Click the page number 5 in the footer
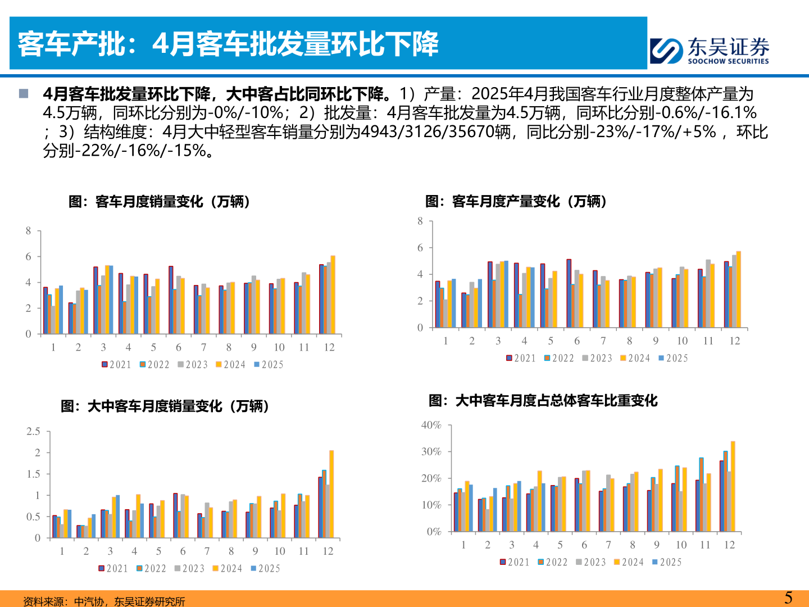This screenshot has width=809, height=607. pyautogui.click(x=788, y=597)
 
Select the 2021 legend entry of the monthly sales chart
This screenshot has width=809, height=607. pyautogui.click(x=116, y=365)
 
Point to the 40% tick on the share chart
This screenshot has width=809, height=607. pyautogui.click(x=431, y=425)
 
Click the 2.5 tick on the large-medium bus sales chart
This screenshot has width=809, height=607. pyautogui.click(x=33, y=432)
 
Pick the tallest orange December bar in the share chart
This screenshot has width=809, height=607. pyautogui.click(x=733, y=486)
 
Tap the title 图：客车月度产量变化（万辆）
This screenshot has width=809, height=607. pyautogui.click(x=516, y=201)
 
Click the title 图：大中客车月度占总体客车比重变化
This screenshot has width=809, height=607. pyautogui.click(x=543, y=400)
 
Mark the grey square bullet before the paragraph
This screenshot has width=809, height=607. pyautogui.click(x=24, y=93)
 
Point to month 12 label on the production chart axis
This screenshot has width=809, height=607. pyautogui.click(x=734, y=341)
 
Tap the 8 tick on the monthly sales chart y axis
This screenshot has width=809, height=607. pyautogui.click(x=29, y=231)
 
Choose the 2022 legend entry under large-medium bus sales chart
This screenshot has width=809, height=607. pyautogui.click(x=151, y=569)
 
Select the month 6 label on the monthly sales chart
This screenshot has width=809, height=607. pyautogui.click(x=179, y=347)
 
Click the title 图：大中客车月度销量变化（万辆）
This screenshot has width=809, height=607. pyautogui.click(x=165, y=406)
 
